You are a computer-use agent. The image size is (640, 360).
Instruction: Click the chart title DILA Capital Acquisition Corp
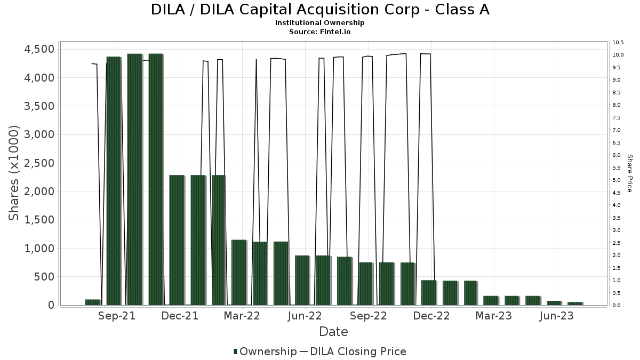tap(320, 10)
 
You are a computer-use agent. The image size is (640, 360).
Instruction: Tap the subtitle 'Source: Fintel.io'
tap(320, 31)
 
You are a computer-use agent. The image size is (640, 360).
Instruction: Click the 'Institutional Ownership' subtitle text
tap(320, 23)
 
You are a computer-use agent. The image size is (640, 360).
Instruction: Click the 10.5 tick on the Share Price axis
tap(619, 42)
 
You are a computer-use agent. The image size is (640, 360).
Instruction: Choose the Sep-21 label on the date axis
tap(117, 316)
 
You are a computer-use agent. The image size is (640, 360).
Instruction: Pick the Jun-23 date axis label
tap(556, 316)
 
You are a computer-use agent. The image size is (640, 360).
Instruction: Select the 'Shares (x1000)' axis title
tap(14, 173)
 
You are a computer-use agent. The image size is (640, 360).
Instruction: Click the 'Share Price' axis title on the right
tap(629, 173)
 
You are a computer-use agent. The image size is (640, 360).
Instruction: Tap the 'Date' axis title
tap(333, 332)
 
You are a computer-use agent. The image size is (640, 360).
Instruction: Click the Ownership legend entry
tap(265, 351)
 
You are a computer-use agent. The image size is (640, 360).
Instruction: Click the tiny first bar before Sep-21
tap(92, 302)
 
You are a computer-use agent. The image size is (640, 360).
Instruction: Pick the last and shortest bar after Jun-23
tap(575, 303)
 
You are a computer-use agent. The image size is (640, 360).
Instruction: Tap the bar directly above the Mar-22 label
tap(239, 273)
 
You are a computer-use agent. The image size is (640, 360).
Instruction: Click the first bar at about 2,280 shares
tap(177, 240)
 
